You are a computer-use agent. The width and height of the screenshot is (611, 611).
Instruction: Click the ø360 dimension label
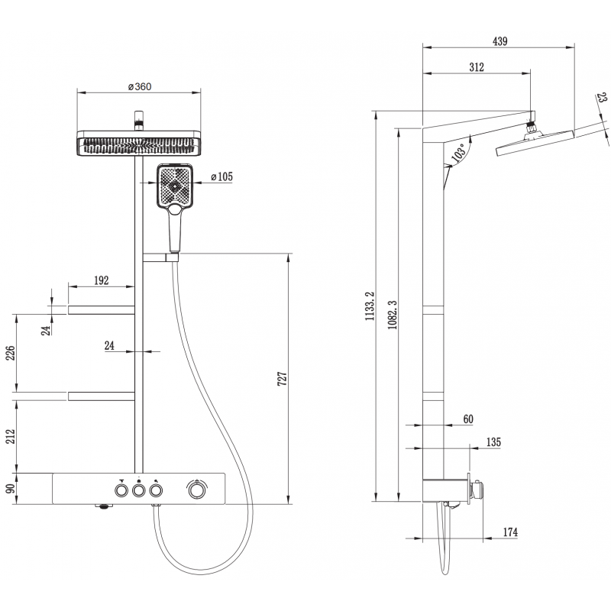click(139, 86)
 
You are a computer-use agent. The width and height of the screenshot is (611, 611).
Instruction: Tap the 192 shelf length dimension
click(100, 280)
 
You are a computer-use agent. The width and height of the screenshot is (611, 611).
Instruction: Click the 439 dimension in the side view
click(499, 40)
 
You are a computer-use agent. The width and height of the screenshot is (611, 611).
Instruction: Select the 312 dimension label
click(476, 68)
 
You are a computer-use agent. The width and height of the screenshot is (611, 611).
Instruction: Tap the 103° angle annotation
click(458, 154)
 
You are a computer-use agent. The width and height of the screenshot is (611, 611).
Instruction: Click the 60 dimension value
click(468, 419)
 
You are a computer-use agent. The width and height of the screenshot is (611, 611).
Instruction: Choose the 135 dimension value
click(493, 442)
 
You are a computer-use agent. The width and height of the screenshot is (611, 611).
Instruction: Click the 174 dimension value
click(509, 532)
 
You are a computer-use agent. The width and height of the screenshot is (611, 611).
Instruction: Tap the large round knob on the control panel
click(197, 489)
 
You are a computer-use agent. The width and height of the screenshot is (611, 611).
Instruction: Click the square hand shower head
click(175, 186)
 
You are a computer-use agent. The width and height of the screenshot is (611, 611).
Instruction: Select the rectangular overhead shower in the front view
click(139, 144)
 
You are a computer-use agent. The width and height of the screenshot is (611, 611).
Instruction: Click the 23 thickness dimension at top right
click(602, 98)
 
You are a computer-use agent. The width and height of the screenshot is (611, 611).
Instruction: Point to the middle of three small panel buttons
click(138, 490)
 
